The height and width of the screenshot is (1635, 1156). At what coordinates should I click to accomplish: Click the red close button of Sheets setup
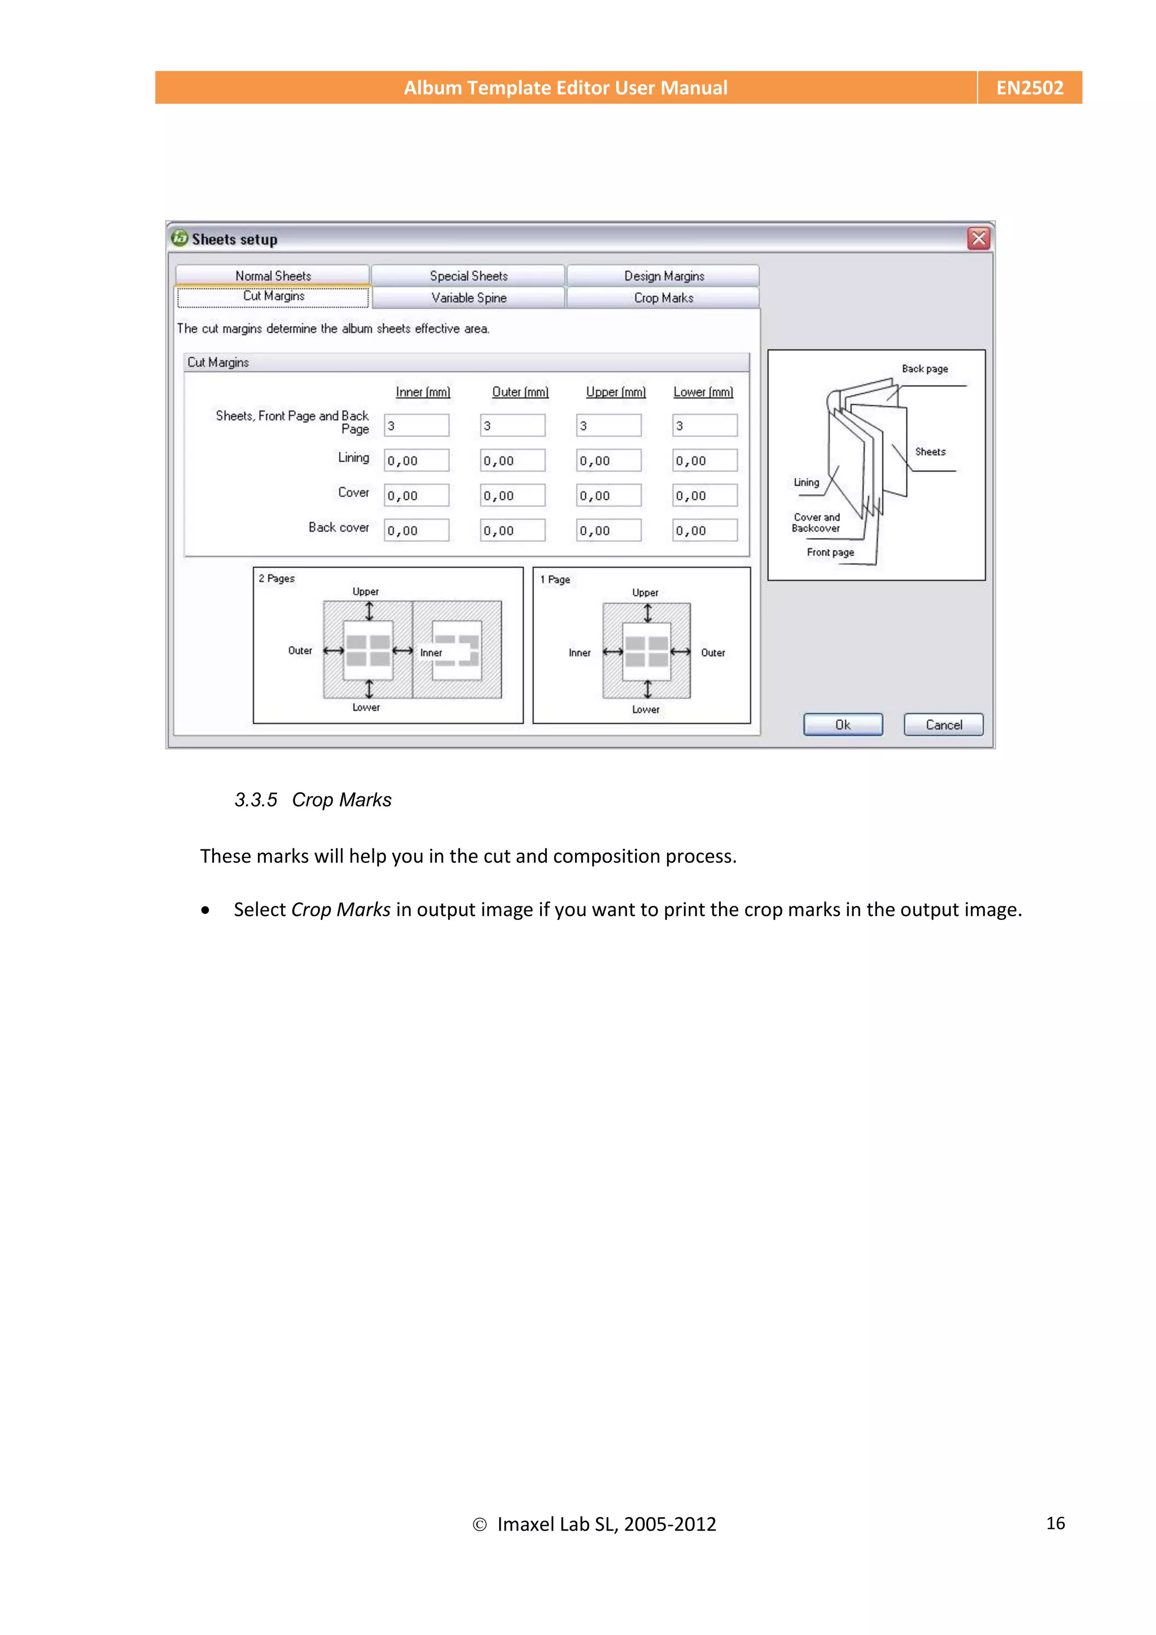(979, 239)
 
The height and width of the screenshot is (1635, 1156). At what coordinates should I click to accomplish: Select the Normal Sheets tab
(273, 275)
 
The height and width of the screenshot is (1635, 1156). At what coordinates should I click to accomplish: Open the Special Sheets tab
(468, 275)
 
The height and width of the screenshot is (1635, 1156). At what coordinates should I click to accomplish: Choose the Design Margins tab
(664, 275)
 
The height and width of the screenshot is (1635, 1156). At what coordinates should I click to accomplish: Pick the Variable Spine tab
(468, 297)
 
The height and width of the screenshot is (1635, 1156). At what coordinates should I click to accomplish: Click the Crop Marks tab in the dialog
(663, 297)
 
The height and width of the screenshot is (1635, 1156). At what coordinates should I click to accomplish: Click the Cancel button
(943, 724)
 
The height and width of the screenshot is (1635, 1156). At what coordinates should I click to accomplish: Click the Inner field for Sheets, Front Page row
(417, 425)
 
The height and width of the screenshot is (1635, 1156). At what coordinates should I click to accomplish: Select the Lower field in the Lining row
(704, 461)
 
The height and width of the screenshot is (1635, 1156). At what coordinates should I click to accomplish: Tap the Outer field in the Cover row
(512, 496)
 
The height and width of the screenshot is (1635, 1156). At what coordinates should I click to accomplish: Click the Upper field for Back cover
(608, 531)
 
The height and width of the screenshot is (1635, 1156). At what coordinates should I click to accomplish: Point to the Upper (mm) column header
(615, 392)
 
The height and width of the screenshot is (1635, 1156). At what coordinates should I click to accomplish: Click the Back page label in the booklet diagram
(925, 369)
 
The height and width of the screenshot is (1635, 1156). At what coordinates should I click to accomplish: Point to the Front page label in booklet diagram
(830, 552)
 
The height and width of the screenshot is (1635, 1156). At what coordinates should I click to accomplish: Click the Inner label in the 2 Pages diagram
(431, 652)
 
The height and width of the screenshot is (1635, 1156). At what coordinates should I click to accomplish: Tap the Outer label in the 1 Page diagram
(712, 652)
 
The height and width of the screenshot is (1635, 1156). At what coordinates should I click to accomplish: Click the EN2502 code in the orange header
(1029, 87)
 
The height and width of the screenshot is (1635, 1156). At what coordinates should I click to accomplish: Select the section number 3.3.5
(256, 800)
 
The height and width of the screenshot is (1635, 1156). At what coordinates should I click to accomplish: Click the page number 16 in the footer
(1055, 1523)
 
